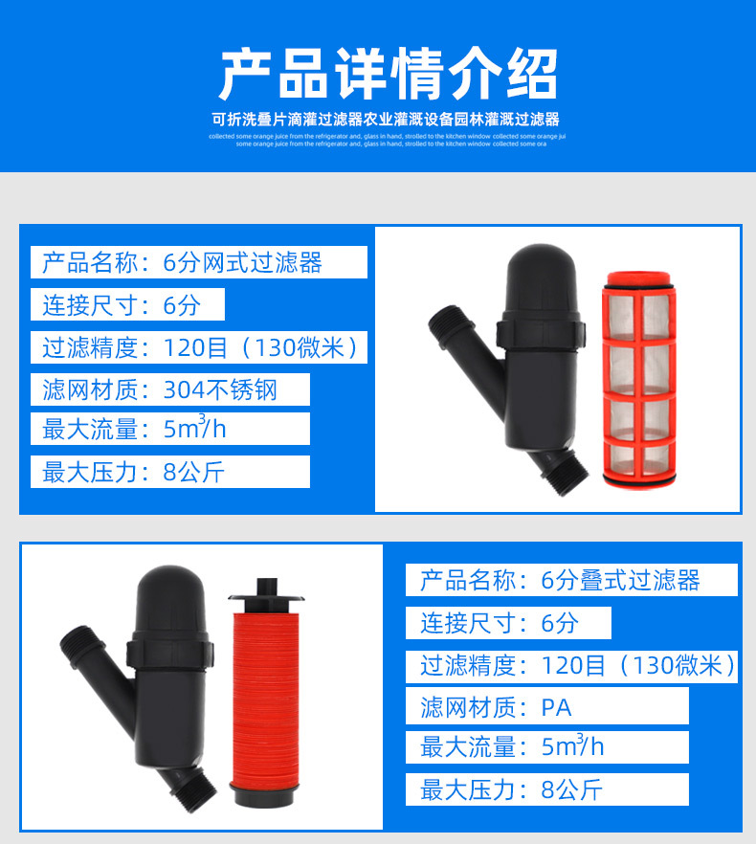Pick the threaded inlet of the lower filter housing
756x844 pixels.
click(x=78, y=651)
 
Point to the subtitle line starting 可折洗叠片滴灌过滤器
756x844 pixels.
click(x=386, y=120)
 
